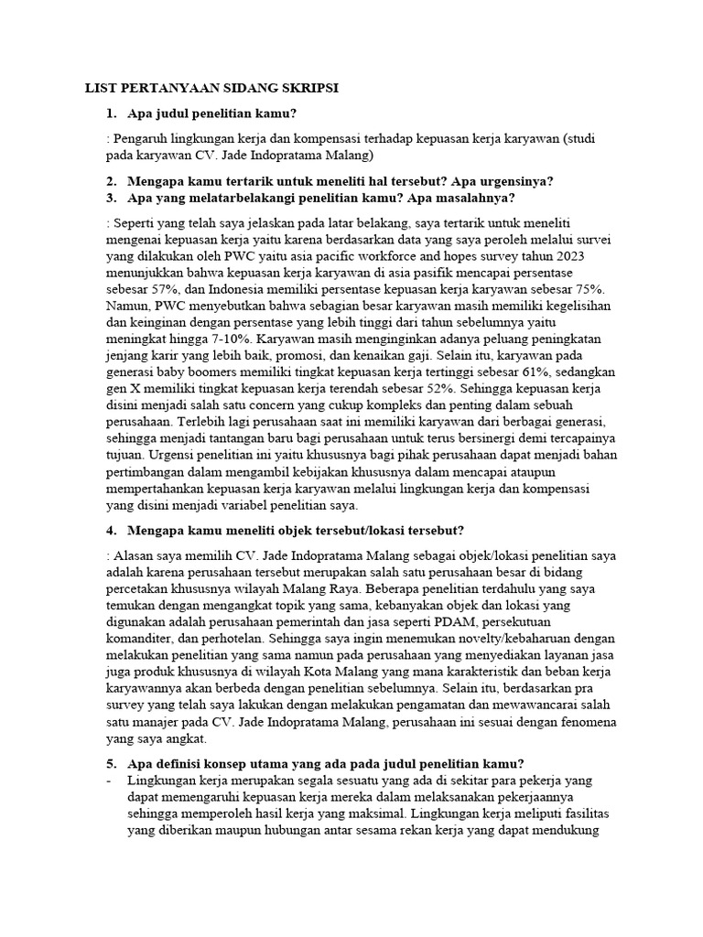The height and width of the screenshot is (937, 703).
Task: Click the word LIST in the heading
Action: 101,88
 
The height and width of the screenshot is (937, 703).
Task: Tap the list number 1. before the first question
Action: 110,113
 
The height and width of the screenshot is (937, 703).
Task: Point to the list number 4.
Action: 110,530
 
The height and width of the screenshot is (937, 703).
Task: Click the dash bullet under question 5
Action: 109,781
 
